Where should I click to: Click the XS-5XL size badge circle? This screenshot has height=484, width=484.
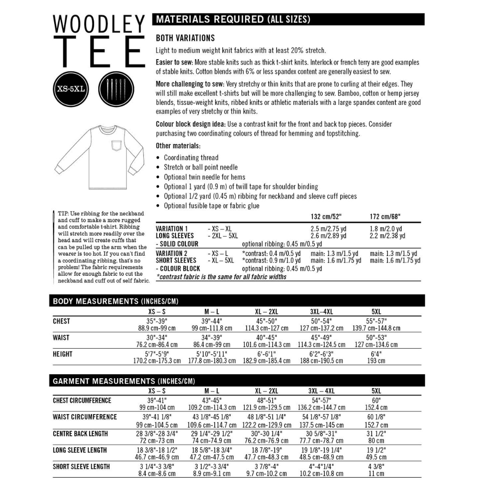pyautogui.click(x=71, y=88)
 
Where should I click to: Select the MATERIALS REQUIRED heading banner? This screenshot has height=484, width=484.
pyautogui.click(x=289, y=19)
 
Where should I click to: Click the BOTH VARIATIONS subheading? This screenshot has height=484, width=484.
pyautogui.click(x=185, y=38)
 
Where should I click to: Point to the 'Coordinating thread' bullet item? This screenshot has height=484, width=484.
pyautogui.click(x=191, y=158)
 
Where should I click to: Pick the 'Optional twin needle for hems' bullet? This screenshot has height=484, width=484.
pyautogui.click(x=204, y=177)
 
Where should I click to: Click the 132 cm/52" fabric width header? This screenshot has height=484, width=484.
pyautogui.click(x=326, y=217)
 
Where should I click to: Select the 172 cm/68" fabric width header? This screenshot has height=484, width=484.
pyautogui.click(x=385, y=217)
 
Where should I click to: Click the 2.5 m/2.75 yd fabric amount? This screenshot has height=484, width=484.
pyautogui.click(x=328, y=229)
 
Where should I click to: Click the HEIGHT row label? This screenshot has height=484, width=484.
pyautogui.click(x=62, y=354)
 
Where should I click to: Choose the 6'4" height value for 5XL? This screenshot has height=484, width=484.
pyautogui.click(x=376, y=354)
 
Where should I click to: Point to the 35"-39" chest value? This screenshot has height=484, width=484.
pyautogui.click(x=157, y=321)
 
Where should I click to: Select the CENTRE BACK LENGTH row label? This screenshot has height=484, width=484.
pyautogui.click(x=80, y=434)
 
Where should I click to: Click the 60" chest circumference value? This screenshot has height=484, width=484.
pyautogui.click(x=376, y=400)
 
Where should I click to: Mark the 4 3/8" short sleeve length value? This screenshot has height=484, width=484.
pyautogui.click(x=376, y=467)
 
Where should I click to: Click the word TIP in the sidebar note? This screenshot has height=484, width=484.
pyautogui.click(x=64, y=214)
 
